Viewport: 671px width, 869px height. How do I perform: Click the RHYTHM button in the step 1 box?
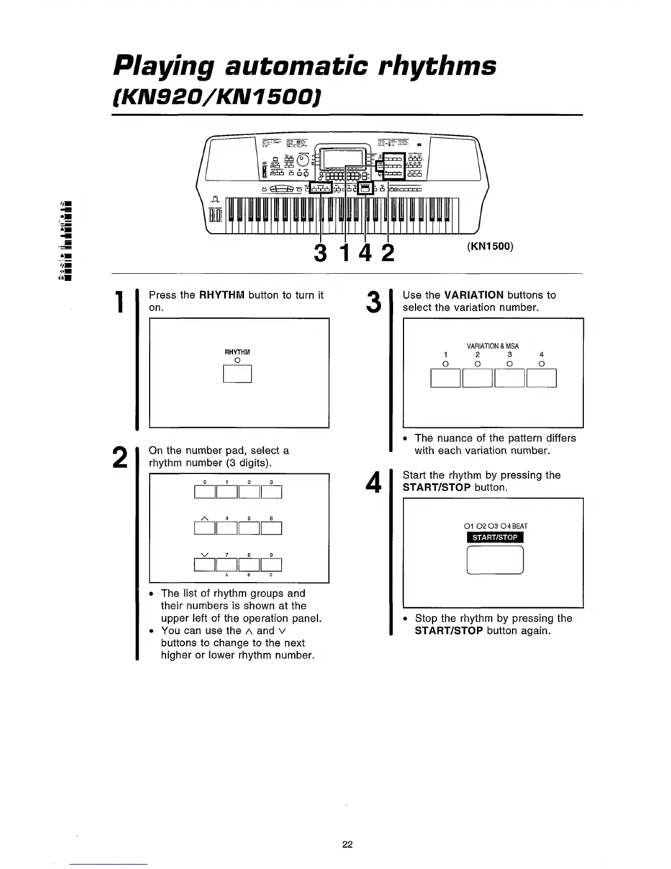(237, 374)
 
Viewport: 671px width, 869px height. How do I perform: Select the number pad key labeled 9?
(271, 565)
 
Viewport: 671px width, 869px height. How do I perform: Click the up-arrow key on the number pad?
(205, 528)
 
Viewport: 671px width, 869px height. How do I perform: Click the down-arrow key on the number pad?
(205, 565)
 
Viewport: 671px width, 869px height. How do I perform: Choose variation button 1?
(446, 378)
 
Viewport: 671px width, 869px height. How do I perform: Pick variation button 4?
(542, 378)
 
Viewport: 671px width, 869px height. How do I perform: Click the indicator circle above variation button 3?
(510, 364)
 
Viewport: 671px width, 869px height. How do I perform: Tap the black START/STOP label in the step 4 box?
(495, 537)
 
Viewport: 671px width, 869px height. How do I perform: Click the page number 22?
(347, 844)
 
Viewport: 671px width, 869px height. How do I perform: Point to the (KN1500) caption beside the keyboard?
(490, 246)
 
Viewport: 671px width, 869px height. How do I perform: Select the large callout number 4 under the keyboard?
(366, 253)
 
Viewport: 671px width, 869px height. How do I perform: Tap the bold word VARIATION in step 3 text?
(474, 295)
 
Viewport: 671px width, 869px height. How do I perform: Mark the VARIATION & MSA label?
(492, 346)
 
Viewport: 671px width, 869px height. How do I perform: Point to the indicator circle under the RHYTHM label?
(237, 360)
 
